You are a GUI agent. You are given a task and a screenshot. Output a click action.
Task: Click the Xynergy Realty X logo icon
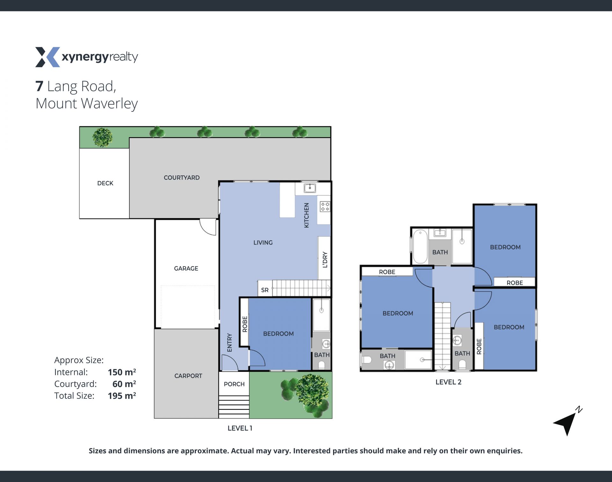(x=47, y=57)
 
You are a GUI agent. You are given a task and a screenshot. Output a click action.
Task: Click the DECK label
(x=105, y=183)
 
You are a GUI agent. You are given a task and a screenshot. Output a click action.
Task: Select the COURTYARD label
(x=182, y=178)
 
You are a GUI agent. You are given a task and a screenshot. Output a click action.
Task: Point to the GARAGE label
(x=186, y=268)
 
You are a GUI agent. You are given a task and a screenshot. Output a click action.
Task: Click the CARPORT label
(x=188, y=376)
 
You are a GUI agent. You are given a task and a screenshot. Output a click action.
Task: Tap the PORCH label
(x=234, y=384)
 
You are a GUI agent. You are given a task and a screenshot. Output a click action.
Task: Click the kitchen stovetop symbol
(x=325, y=207)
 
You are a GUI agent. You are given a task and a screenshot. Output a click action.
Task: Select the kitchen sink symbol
(x=310, y=188)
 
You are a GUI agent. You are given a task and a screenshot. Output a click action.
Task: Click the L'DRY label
(x=325, y=259)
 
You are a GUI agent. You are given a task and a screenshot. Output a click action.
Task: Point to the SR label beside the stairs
(x=265, y=290)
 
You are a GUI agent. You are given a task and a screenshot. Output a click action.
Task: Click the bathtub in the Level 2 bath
(x=420, y=246)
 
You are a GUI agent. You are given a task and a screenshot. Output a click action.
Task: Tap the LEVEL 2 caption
(x=448, y=382)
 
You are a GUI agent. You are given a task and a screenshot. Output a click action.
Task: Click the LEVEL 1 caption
(x=240, y=428)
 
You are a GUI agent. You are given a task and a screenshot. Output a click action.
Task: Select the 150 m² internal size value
(x=122, y=372)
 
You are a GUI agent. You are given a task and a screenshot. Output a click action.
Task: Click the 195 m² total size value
(x=122, y=396)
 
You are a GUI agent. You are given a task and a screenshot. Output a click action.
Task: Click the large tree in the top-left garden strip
(x=102, y=137)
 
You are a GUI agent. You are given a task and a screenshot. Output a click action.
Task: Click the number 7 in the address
(x=39, y=86)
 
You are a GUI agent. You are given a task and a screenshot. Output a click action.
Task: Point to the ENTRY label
(x=229, y=343)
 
